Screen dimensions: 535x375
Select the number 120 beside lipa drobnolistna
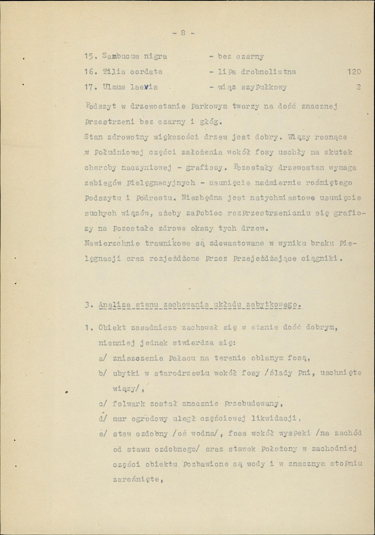(353, 71)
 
